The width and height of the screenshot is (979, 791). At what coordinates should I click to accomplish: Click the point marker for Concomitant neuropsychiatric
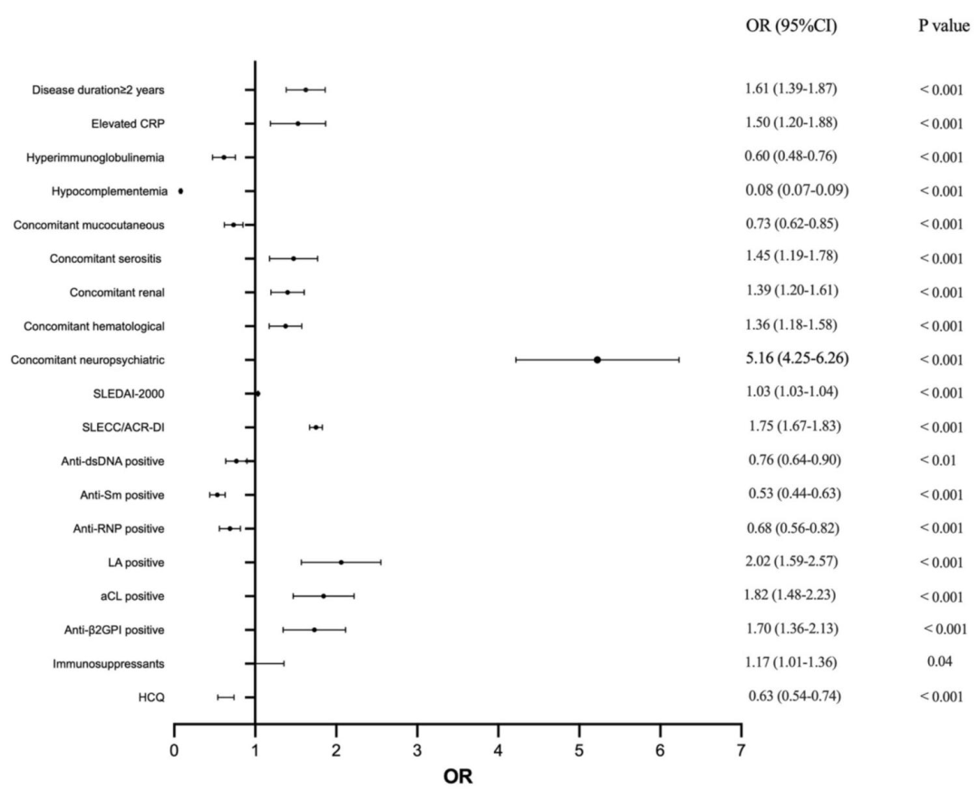597,360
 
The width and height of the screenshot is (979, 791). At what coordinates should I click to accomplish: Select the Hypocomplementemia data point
180,191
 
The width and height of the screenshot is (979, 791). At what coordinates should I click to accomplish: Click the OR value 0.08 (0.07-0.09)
790,190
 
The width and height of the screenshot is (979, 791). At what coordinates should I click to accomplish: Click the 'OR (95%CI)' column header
784,27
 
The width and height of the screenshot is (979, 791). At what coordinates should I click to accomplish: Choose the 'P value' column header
944,27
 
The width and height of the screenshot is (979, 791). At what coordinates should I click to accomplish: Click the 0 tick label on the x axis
174,749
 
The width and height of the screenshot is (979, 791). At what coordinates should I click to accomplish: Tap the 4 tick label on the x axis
498,749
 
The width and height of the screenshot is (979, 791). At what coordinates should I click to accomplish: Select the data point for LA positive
341,563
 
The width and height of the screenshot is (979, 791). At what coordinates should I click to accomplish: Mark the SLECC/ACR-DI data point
315,427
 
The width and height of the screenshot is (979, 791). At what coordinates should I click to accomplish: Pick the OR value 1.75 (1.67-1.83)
785,426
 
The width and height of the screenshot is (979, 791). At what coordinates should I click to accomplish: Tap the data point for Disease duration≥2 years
305,90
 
